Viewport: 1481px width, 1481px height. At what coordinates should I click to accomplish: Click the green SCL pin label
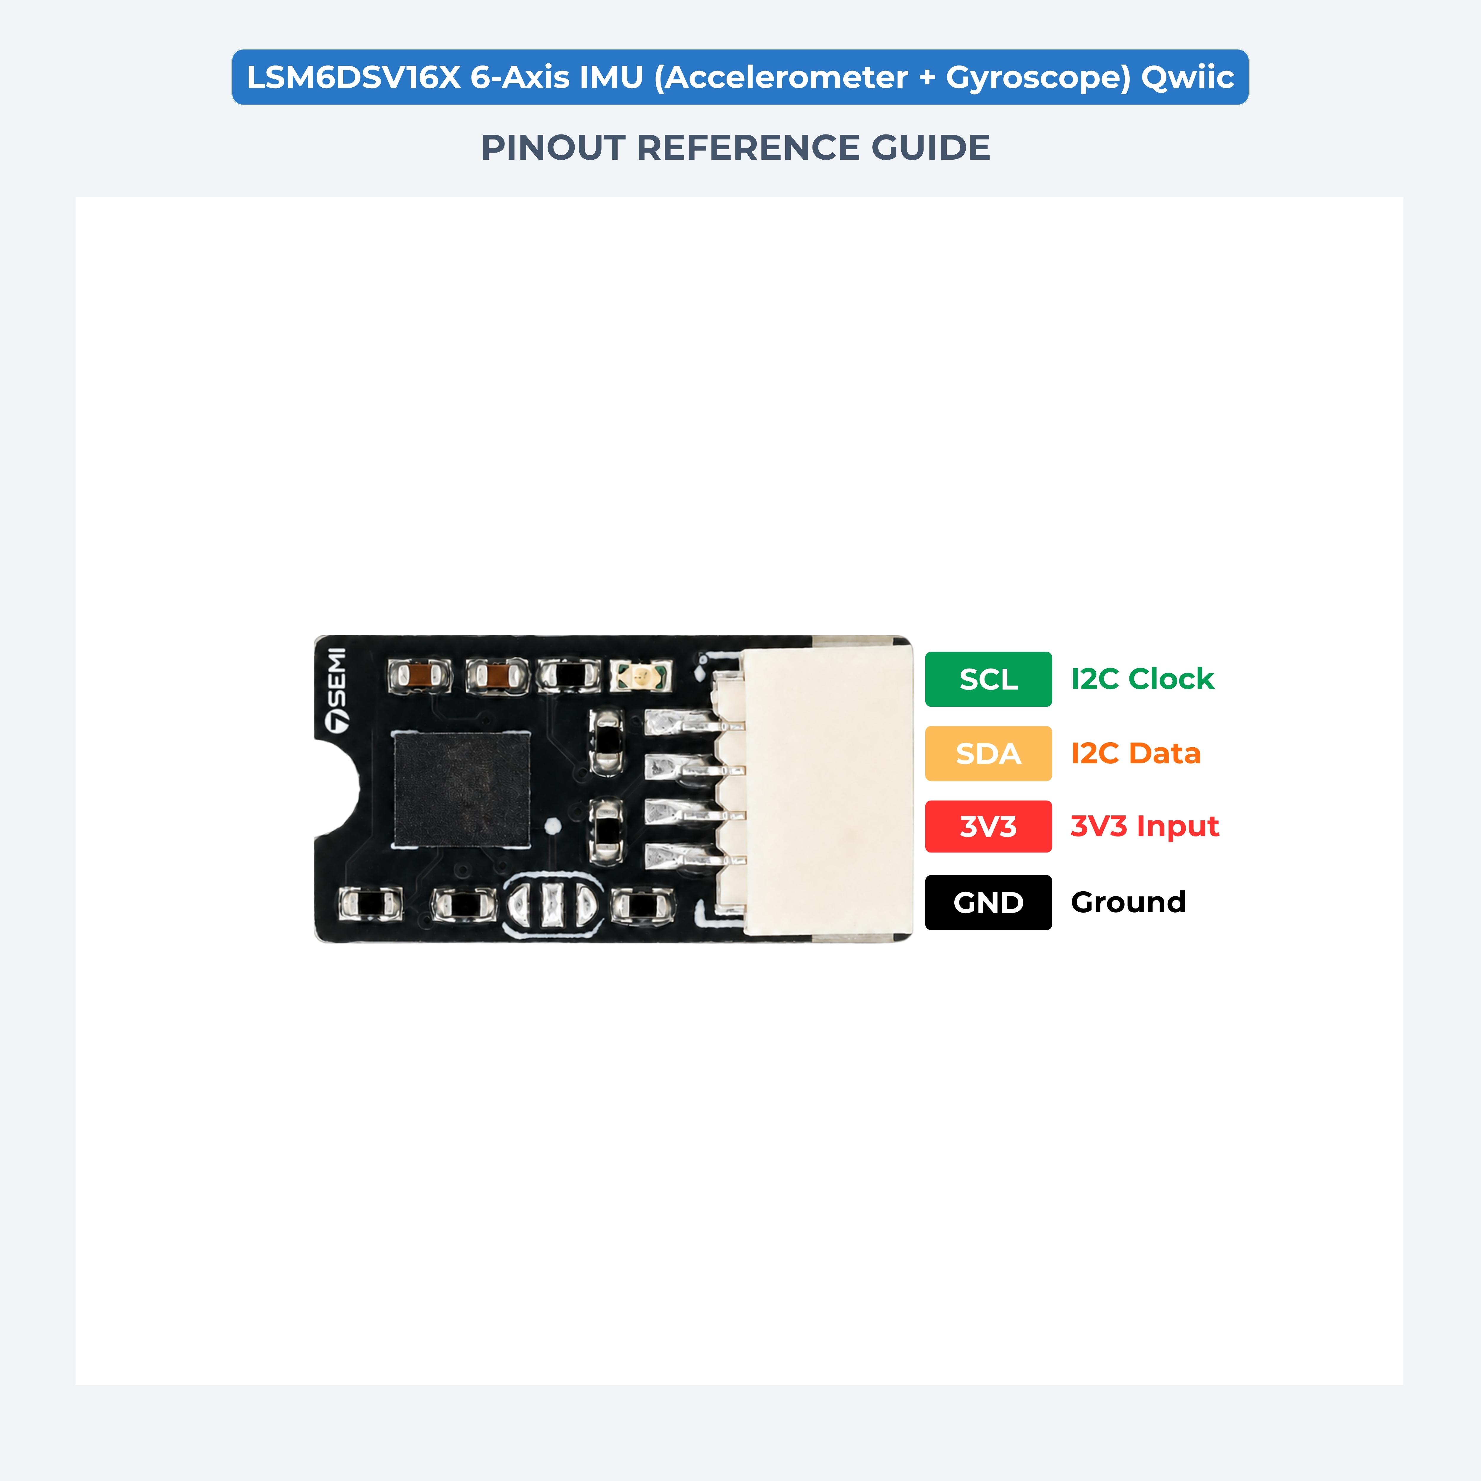click(988, 679)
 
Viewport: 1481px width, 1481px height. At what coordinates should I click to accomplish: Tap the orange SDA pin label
click(988, 754)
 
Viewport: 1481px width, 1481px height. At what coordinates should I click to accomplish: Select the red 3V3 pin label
click(988, 826)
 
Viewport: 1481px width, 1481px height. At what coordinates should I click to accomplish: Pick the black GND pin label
click(988, 902)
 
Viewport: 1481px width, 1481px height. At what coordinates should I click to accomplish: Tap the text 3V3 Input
click(1145, 826)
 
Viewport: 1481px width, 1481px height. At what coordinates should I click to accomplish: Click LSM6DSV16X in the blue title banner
click(354, 77)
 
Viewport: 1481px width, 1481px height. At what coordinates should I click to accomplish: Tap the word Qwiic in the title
click(1187, 77)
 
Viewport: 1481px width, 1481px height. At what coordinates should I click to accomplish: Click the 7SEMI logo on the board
click(336, 690)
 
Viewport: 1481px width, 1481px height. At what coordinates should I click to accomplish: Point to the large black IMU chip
click(461, 789)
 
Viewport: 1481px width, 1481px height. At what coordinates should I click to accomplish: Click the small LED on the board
click(641, 675)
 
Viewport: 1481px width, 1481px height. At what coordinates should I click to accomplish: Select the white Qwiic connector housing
click(828, 790)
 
